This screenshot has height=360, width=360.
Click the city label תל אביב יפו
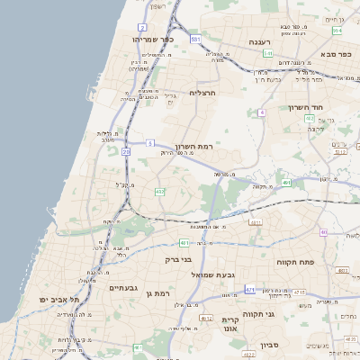click(59, 299)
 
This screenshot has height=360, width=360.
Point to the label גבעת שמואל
click(213, 274)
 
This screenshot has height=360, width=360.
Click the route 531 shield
click(195, 40)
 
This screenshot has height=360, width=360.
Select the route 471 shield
click(249, 290)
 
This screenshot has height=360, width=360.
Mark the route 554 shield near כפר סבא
click(337, 31)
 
